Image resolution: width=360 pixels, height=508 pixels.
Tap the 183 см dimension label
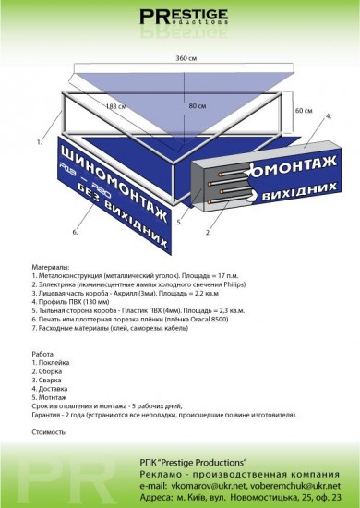116,108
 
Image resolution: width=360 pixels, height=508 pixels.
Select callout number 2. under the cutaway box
210,233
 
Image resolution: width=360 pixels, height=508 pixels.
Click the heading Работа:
43,353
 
